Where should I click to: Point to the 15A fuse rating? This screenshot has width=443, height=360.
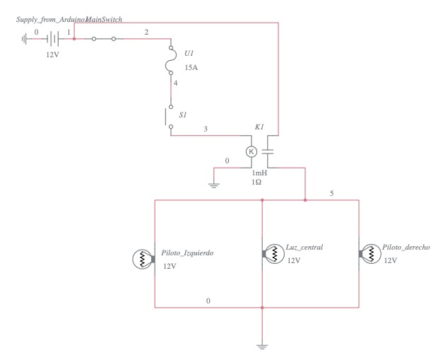(191, 67)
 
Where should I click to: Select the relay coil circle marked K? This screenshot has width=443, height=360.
(250, 151)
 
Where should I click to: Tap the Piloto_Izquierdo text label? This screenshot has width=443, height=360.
(189, 252)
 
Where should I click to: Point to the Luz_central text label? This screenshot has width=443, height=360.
(305, 248)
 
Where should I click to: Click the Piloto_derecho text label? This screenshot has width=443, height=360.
(406, 248)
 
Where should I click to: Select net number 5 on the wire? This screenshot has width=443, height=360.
(332, 193)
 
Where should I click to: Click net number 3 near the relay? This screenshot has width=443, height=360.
(206, 129)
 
